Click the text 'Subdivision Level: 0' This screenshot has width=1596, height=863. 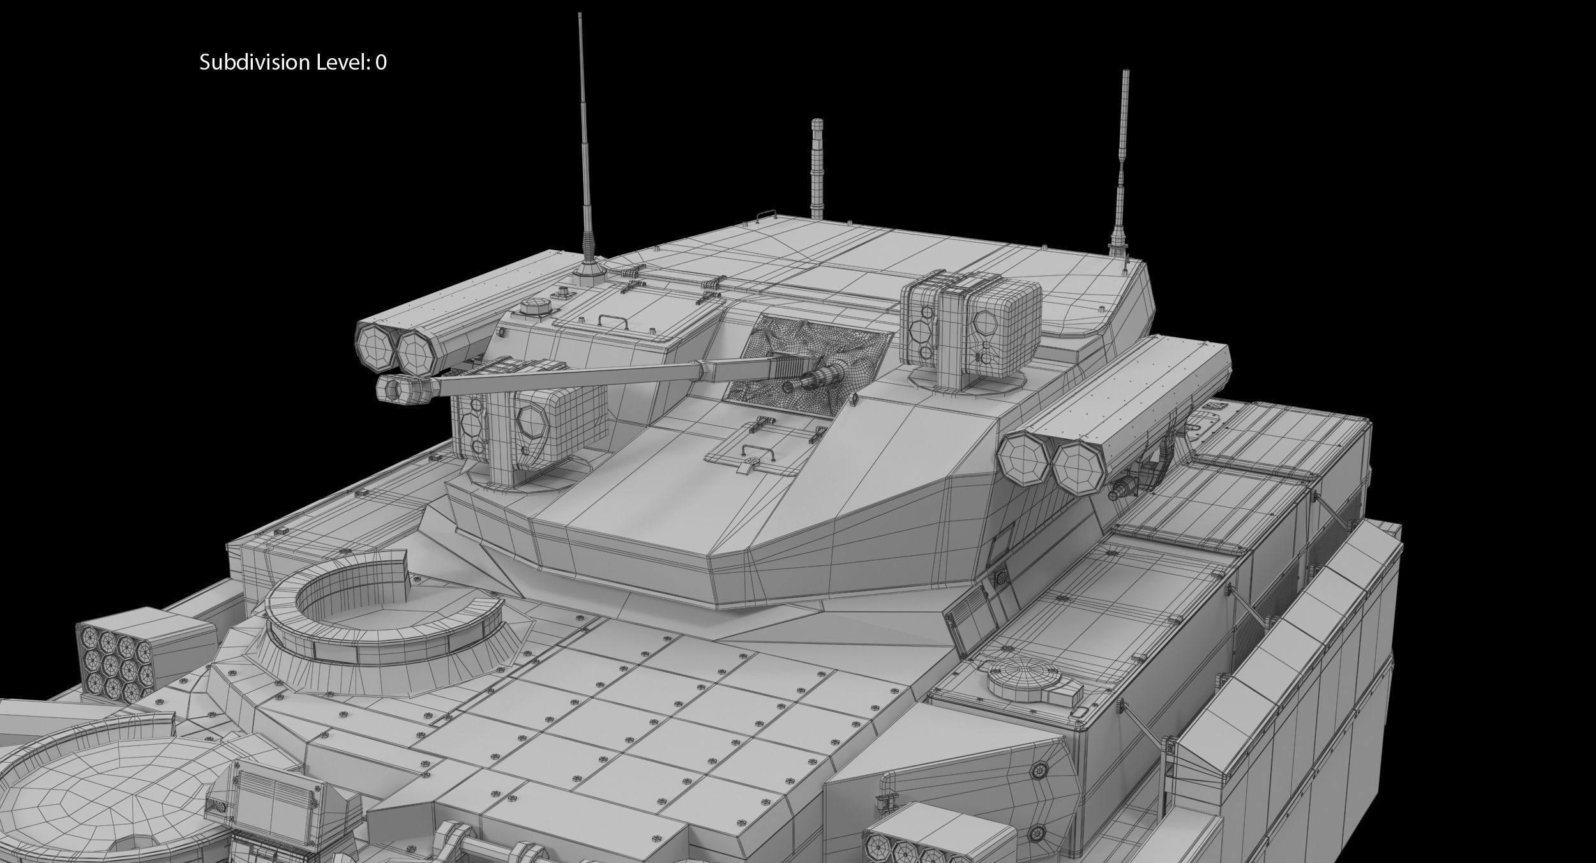292,63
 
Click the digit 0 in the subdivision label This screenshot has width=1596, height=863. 380,63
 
